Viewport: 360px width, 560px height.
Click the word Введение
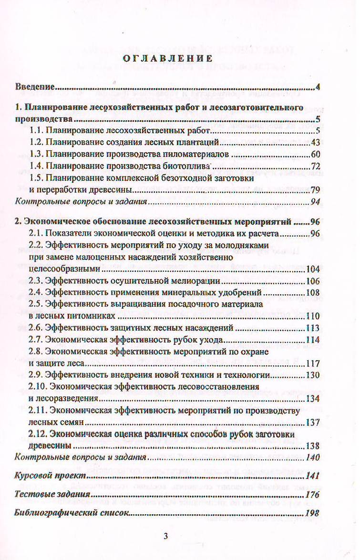pos(34,87)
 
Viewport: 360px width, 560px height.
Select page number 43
pos(315,142)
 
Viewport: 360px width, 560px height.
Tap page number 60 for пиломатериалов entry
pos(315,154)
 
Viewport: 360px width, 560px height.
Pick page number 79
pos(315,189)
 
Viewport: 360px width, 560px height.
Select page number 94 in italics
pos(315,201)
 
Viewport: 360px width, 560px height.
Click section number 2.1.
pos(36,234)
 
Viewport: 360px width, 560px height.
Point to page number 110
pos(312,316)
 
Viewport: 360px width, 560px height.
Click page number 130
pos(312,374)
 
